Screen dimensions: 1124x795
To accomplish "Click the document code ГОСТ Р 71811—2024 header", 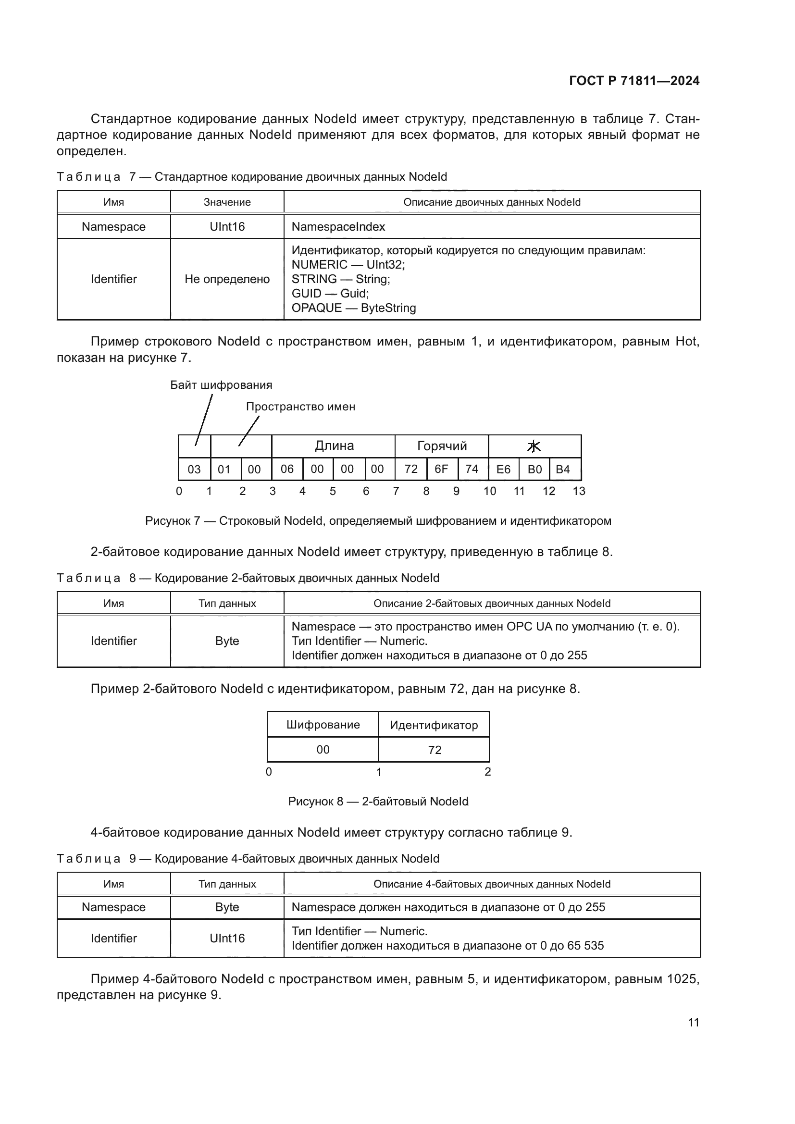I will click(634, 81).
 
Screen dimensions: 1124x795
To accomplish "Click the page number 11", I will click(693, 1022).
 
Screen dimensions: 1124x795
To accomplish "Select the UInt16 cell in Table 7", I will click(227, 227).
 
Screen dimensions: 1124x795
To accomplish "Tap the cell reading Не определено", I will click(227, 279).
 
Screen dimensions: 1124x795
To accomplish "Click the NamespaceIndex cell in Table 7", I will click(338, 227).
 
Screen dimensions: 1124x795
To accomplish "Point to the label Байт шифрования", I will click(221, 385).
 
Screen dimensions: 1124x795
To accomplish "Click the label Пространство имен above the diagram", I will click(300, 407).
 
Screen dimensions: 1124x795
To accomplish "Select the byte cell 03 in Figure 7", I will click(194, 469).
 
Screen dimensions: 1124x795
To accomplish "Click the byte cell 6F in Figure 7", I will click(441, 469).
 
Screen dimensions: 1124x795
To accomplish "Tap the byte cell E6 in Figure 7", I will click(503, 469).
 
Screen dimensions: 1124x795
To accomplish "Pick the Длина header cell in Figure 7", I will click(334, 446).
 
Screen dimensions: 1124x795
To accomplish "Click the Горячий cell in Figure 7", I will click(442, 446).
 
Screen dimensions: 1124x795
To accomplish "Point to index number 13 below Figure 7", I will click(579, 491).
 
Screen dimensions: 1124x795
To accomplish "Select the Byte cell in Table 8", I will click(227, 641).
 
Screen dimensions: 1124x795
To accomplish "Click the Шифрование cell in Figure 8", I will click(323, 725).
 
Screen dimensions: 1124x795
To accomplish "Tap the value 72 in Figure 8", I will click(434, 750).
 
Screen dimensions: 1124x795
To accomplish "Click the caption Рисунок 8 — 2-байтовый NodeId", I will click(378, 802).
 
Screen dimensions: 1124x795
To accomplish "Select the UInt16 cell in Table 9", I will click(227, 938).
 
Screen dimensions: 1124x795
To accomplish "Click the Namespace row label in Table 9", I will click(113, 907).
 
